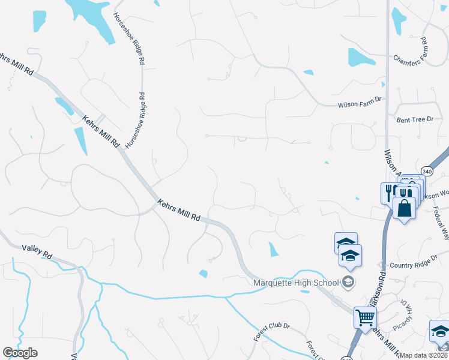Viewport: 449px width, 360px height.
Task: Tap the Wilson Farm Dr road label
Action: pos(360,104)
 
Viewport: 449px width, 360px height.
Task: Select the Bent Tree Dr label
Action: pos(415,120)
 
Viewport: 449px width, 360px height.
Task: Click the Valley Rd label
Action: pos(37,250)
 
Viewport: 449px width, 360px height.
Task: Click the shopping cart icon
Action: pos(364,317)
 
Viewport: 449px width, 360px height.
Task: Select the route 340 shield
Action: pos(426,170)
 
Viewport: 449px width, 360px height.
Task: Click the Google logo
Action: pos(20,353)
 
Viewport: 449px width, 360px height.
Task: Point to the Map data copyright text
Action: pos(424,355)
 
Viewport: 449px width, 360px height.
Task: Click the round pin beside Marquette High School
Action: pos(348,282)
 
